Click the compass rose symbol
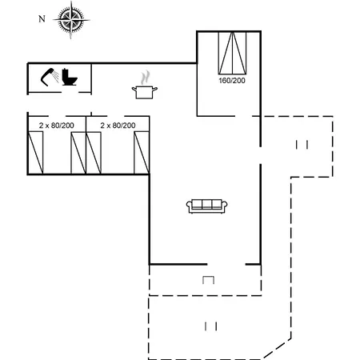coord(71,20)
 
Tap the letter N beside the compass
coord(42,19)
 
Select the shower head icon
coord(50,77)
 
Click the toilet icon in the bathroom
coord(70,77)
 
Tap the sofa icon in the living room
coord(206,206)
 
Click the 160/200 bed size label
coord(232,81)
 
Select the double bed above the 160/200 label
coord(232,53)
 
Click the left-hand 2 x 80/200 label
coord(57,126)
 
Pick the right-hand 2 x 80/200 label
coord(118,126)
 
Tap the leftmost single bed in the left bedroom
coord(35,153)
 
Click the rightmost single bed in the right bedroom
coord(142,153)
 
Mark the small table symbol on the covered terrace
coord(208,280)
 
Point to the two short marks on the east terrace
coord(302,145)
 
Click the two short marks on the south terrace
coord(210,326)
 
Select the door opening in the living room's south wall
coord(226,264)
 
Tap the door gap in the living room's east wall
coord(260,155)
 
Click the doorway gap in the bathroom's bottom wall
coord(70,93)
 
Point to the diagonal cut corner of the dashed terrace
coord(277,349)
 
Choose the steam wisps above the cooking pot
coord(145,78)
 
